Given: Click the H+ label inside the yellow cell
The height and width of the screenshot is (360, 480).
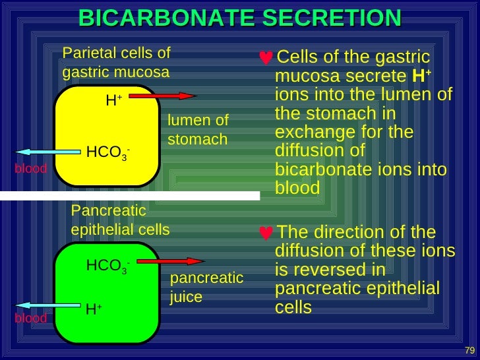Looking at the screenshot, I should click(113, 101).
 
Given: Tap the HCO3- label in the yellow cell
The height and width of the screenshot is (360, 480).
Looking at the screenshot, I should click(107, 152).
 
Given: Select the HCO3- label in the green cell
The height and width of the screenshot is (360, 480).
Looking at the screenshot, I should click(107, 266).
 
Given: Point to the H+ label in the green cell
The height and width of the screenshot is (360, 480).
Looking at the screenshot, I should click(93, 309).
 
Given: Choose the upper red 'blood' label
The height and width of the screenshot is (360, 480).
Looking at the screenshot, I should click(31, 169).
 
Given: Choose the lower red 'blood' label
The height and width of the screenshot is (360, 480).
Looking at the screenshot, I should click(31, 318).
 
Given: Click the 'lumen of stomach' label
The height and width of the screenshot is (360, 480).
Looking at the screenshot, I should click(198, 130).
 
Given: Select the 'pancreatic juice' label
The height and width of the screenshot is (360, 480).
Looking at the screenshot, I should click(206, 287).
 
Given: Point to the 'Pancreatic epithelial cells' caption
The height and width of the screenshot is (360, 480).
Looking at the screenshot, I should click(120, 220).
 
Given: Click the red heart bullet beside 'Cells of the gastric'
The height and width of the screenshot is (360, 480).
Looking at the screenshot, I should click(266, 58).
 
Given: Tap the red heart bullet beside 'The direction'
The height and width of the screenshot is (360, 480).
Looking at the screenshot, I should click(266, 233).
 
